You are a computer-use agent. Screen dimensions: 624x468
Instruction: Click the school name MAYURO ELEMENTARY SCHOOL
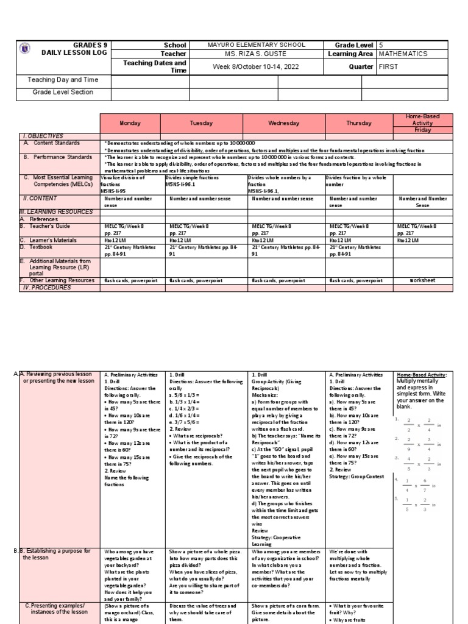click(247, 45)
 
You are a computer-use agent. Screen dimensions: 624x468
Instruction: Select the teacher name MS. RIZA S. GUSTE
click(247, 54)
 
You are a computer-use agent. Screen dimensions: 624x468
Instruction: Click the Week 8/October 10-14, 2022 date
click(247, 66)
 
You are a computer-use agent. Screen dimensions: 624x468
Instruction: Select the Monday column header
click(130, 123)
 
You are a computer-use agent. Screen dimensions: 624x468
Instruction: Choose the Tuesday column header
click(201, 123)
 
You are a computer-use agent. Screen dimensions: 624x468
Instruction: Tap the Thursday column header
click(359, 123)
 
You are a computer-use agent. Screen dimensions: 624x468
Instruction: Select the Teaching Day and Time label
click(63, 80)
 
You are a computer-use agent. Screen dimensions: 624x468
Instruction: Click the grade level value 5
click(381, 45)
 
